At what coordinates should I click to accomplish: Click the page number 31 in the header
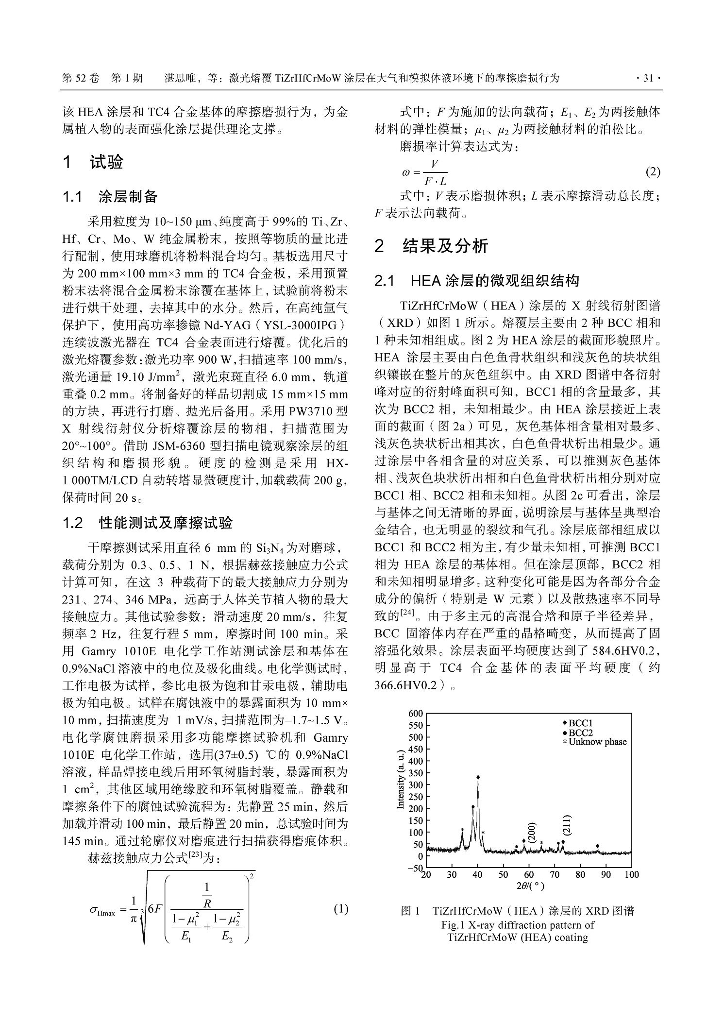coord(648,78)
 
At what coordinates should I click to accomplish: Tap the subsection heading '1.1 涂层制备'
coord(110,197)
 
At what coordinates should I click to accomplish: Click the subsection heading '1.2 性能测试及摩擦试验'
coord(148,523)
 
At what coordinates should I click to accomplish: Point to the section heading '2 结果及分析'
coord(431,246)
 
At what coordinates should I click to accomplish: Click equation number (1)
coord(341,909)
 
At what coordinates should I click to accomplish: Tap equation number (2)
coord(653,172)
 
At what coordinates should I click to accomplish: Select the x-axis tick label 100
coord(631,875)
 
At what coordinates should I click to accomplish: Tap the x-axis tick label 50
coord(503,875)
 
